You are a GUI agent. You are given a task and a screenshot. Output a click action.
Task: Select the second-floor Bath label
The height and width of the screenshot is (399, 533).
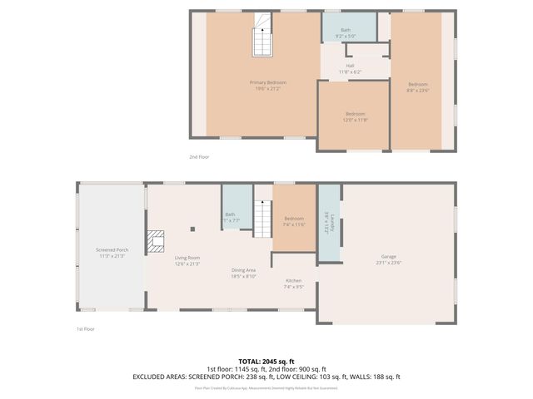346,33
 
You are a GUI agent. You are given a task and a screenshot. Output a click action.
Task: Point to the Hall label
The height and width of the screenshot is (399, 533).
351,70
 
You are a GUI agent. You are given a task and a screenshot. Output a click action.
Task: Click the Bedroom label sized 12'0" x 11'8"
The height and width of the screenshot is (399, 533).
355,117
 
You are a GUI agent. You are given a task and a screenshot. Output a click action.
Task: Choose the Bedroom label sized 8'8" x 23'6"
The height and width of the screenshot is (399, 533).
417,88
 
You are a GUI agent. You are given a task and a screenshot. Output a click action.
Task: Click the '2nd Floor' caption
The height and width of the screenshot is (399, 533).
200,155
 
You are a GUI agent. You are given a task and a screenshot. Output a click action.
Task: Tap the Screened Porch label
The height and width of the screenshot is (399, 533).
111,253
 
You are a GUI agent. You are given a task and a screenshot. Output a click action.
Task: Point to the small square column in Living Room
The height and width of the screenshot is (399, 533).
192,229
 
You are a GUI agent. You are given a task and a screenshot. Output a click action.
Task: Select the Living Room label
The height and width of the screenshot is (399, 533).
187,261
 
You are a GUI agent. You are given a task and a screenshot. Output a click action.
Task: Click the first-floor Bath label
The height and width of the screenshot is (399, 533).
231,218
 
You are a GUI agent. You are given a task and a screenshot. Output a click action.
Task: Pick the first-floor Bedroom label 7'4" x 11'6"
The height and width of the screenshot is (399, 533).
294,222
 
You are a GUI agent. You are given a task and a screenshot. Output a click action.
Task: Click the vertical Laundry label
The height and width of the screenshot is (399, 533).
331,222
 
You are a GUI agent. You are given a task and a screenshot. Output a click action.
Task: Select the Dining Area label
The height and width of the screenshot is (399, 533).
243,273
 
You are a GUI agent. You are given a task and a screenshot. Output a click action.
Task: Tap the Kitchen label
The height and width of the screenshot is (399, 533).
294,283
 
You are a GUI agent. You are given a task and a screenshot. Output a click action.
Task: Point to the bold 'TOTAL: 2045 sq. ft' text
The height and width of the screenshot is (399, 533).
266,361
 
